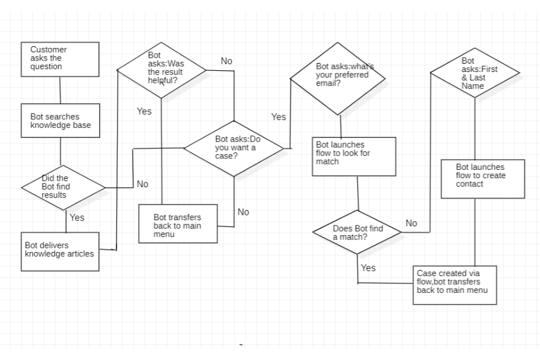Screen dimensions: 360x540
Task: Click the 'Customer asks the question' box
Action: (60, 59)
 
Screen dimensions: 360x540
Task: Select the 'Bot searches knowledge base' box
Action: (60, 121)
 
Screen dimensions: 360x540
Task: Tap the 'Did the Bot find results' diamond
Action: (63, 187)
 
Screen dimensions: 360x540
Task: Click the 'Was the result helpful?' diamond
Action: (161, 70)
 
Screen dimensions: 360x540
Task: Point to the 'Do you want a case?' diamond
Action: (234, 147)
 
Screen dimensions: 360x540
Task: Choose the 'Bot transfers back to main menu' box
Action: (178, 224)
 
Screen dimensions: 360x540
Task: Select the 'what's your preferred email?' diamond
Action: (337, 79)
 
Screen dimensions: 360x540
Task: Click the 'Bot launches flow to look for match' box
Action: (354, 156)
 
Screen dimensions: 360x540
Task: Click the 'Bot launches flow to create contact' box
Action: (483, 178)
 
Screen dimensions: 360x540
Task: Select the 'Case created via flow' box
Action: (455, 284)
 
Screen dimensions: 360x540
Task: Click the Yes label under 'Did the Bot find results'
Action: (77, 218)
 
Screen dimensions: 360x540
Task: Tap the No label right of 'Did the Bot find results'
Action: (142, 184)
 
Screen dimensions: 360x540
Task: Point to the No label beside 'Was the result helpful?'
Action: (226, 61)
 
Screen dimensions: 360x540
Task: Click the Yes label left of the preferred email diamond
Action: (278, 117)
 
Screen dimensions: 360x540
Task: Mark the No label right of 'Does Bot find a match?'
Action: (411, 223)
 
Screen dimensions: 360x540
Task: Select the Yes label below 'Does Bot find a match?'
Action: (368, 268)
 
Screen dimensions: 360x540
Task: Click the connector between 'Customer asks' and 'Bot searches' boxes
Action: (60, 90)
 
